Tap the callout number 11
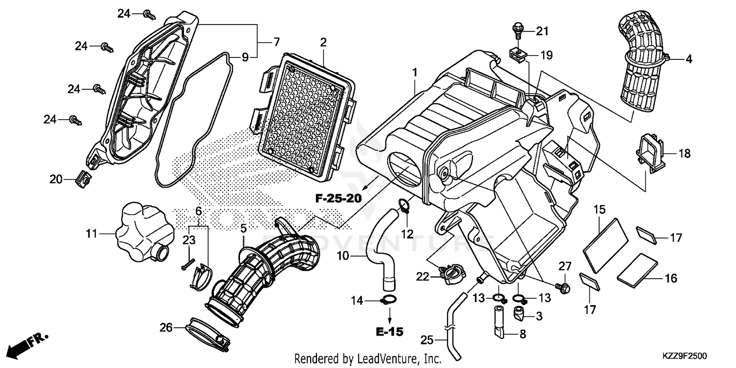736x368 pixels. click(x=92, y=235)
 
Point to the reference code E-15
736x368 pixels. click(x=390, y=332)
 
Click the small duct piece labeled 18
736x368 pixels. click(x=651, y=152)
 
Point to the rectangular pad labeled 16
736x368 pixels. click(x=637, y=269)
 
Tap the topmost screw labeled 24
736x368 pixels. click(x=148, y=15)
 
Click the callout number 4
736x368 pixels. click(x=689, y=59)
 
